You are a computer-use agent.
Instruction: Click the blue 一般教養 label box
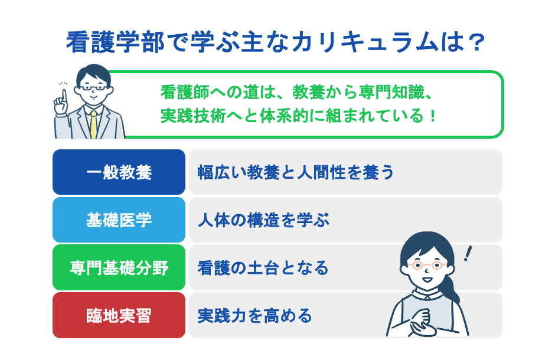[x=119, y=172]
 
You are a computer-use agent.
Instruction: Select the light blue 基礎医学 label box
[x=119, y=220]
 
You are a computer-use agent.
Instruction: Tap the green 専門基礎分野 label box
[x=119, y=268]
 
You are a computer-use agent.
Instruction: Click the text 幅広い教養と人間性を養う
[x=295, y=172]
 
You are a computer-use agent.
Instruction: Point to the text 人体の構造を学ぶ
[x=263, y=220]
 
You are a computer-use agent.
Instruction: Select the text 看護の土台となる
[x=263, y=268]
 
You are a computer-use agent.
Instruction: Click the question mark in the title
[x=478, y=42]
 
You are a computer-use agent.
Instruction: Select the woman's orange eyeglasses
[x=423, y=265]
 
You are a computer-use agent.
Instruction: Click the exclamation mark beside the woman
[x=469, y=254]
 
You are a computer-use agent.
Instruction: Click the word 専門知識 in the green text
[x=392, y=93]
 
